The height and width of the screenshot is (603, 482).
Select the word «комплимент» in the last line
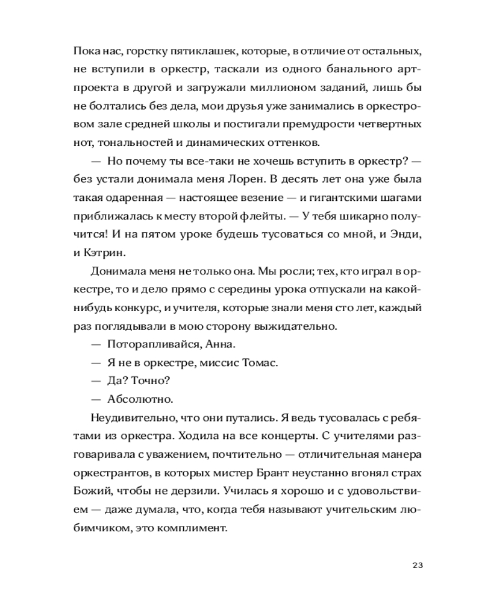(196, 528)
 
